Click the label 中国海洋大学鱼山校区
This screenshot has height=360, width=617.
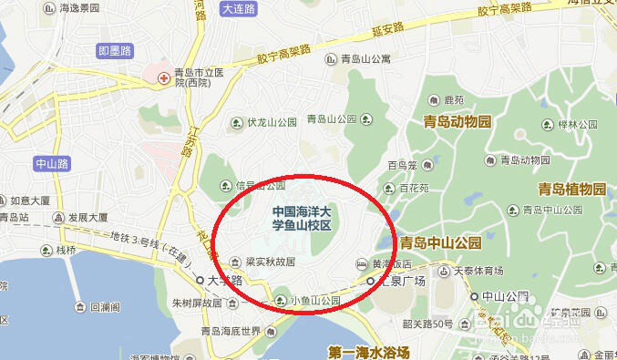click(x=306, y=218)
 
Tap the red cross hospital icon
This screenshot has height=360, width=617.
click(x=164, y=77)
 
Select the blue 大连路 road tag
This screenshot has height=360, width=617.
click(x=239, y=8)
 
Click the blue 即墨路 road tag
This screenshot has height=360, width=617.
click(x=116, y=51)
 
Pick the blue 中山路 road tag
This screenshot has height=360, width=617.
click(x=52, y=164)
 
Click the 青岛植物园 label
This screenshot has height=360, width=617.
click(x=571, y=190)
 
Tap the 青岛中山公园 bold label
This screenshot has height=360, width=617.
click(x=440, y=243)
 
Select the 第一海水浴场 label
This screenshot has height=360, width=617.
click(x=369, y=352)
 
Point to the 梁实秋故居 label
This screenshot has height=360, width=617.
click(x=271, y=262)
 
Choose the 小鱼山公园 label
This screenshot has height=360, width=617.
click(x=314, y=301)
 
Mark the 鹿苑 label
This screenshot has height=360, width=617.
click(x=453, y=100)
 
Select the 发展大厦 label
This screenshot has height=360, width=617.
click(x=87, y=218)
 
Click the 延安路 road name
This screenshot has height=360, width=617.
click(x=386, y=30)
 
